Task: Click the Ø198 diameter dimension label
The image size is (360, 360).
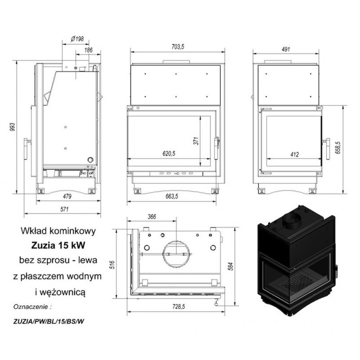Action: click(77, 39)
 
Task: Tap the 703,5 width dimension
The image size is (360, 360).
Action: click(178, 47)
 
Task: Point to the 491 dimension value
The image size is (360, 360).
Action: click(286, 49)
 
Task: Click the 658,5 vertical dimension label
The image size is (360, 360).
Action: click(339, 148)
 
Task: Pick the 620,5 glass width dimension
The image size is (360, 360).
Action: click(169, 153)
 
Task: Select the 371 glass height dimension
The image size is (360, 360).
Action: click(196, 141)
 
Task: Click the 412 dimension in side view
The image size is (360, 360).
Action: click(295, 154)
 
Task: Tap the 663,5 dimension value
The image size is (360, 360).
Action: click(172, 196)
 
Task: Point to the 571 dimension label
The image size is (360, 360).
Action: click(64, 209)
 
